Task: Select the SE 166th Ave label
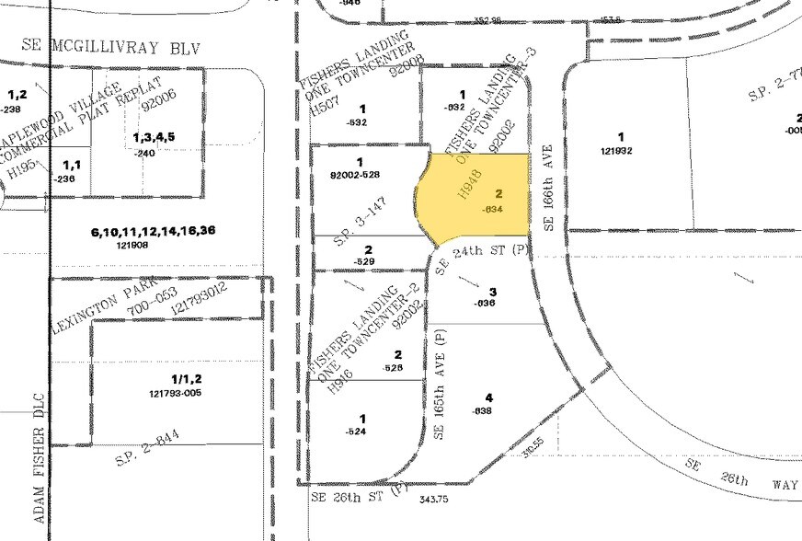coord(548,187)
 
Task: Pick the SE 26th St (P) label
coord(360,497)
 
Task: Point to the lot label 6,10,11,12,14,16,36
coord(153,231)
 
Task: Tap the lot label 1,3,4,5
coord(154,137)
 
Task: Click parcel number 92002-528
coord(354,174)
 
